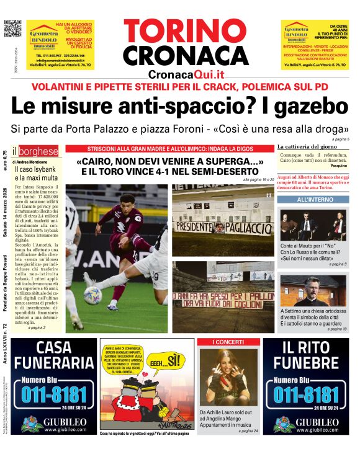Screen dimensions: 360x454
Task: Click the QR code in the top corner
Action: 12,29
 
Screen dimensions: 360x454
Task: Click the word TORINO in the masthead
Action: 186,31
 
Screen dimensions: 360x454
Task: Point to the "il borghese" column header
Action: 37,151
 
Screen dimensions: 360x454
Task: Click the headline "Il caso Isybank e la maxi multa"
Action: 37,173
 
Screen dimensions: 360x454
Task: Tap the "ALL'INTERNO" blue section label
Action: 312,200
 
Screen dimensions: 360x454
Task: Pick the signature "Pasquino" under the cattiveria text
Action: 338,166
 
